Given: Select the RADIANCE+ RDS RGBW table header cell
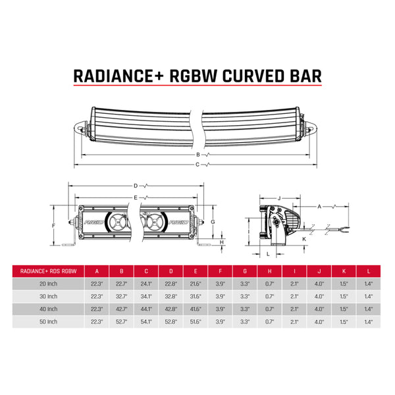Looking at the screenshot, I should click(49, 271).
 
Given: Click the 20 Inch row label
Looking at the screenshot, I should click(49, 283).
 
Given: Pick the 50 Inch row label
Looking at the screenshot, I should click(49, 321).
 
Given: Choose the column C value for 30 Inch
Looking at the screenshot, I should click(145, 296).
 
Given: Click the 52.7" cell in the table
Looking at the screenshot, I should click(121, 321).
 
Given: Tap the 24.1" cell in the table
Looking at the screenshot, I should click(145, 283).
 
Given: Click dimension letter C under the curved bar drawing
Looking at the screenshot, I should click(196, 164).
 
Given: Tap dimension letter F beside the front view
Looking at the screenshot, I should click(53, 225).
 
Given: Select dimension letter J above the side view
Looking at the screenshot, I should click(279, 197).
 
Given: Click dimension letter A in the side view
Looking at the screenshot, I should click(319, 206).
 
